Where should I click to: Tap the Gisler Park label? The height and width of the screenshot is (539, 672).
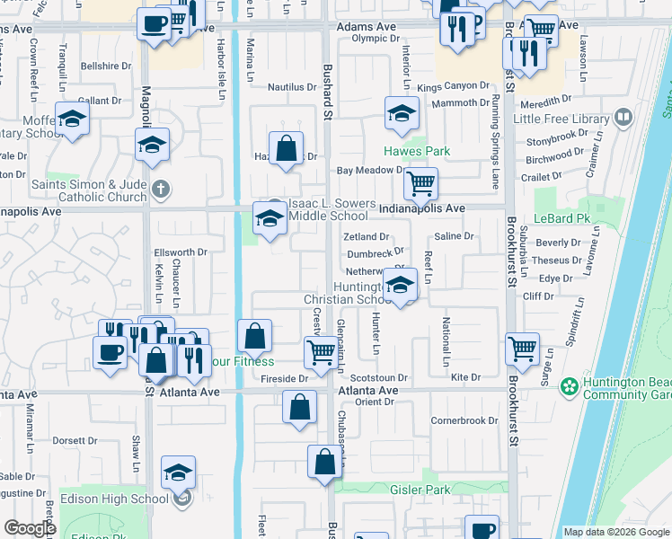point(420,490)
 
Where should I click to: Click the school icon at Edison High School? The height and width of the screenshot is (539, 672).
point(179,472)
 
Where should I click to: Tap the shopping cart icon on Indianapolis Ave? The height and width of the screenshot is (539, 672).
point(420,184)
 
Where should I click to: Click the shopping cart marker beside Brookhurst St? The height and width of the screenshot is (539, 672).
point(522,348)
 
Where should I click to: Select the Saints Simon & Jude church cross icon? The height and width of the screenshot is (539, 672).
point(160,189)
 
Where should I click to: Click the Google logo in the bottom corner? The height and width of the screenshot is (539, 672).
point(30,528)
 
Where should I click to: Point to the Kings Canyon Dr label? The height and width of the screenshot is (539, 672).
point(453,87)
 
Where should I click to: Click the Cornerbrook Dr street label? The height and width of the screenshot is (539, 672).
point(464,420)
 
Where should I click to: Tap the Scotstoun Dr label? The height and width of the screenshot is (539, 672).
point(379,378)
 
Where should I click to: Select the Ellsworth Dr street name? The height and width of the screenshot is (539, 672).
point(181,252)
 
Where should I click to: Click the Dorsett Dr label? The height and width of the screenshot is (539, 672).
point(75,440)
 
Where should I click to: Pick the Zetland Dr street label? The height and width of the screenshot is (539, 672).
point(366,236)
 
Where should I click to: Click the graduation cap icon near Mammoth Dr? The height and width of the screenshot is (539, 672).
point(402,112)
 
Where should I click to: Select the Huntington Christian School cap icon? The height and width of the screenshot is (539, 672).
point(400,286)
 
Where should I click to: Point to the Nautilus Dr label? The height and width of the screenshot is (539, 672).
point(291,87)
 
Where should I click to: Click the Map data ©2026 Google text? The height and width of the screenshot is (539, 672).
point(615,532)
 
